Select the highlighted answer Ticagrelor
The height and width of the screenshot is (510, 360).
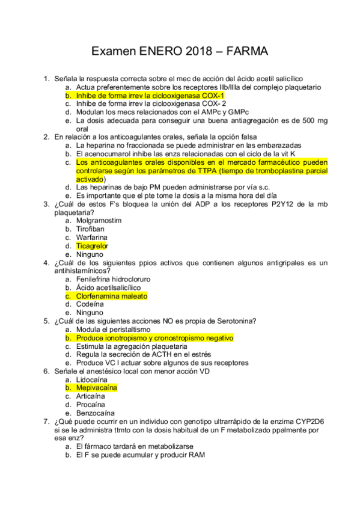(92, 245)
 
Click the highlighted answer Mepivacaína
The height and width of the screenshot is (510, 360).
(96, 388)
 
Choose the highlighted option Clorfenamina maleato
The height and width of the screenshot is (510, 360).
(111, 296)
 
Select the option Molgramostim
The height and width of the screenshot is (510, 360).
(99, 220)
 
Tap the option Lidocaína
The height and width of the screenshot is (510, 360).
(94, 379)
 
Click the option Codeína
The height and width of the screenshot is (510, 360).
(90, 304)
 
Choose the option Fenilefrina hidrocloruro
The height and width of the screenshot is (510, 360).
(113, 279)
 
